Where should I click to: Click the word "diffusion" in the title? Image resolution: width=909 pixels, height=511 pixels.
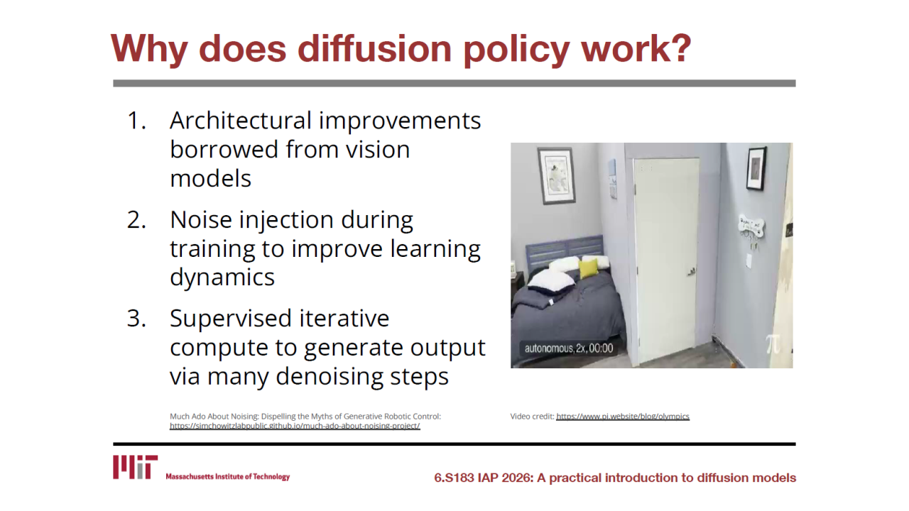click(x=374, y=48)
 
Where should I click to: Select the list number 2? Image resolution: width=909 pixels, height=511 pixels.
click(x=136, y=220)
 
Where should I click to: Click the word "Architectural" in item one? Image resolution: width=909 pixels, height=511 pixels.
click(x=240, y=121)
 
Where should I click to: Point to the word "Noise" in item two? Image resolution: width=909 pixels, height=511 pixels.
click(x=200, y=220)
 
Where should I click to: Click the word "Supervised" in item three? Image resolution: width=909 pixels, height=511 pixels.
click(x=231, y=319)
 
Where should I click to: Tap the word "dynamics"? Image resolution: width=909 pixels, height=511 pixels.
click(x=222, y=278)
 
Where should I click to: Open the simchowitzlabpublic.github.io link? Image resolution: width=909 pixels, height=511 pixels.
click(x=295, y=426)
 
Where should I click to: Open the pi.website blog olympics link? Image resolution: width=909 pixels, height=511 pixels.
click(x=623, y=417)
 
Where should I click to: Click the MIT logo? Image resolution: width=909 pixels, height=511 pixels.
click(x=135, y=467)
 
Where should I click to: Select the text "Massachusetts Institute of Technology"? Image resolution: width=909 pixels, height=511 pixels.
click(x=228, y=476)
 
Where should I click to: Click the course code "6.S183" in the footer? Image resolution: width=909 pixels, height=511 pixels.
click(x=454, y=478)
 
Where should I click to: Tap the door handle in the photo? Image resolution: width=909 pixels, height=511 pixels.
click(x=691, y=272)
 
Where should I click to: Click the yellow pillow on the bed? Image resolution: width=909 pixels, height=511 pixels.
click(x=589, y=268)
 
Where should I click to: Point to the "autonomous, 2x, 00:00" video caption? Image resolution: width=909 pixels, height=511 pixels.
click(x=569, y=348)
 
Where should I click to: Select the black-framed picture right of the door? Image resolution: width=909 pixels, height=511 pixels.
click(x=756, y=169)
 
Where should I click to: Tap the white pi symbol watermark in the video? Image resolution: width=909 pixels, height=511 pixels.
click(x=773, y=344)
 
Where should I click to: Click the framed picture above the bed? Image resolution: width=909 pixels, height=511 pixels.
click(x=556, y=175)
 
